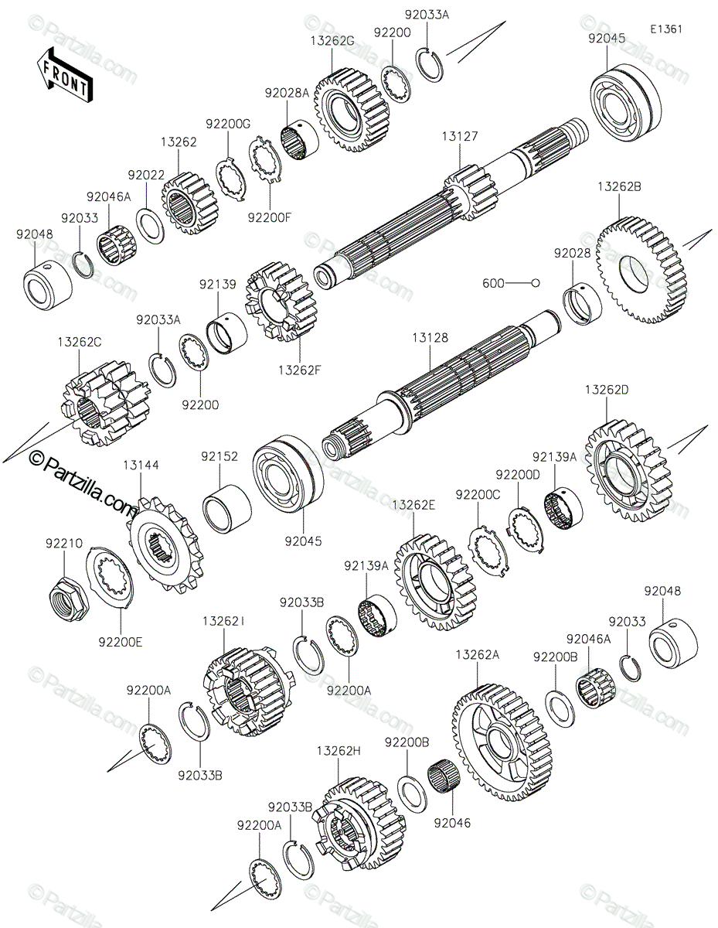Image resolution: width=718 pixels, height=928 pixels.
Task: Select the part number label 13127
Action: coord(460,136)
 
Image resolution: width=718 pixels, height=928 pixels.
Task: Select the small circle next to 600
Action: coord(534,283)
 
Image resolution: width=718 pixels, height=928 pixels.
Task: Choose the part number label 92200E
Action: coord(120,641)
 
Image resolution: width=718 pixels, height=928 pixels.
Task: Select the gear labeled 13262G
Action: coord(352,110)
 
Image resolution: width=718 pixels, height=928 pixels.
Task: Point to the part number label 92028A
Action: coord(287,92)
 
